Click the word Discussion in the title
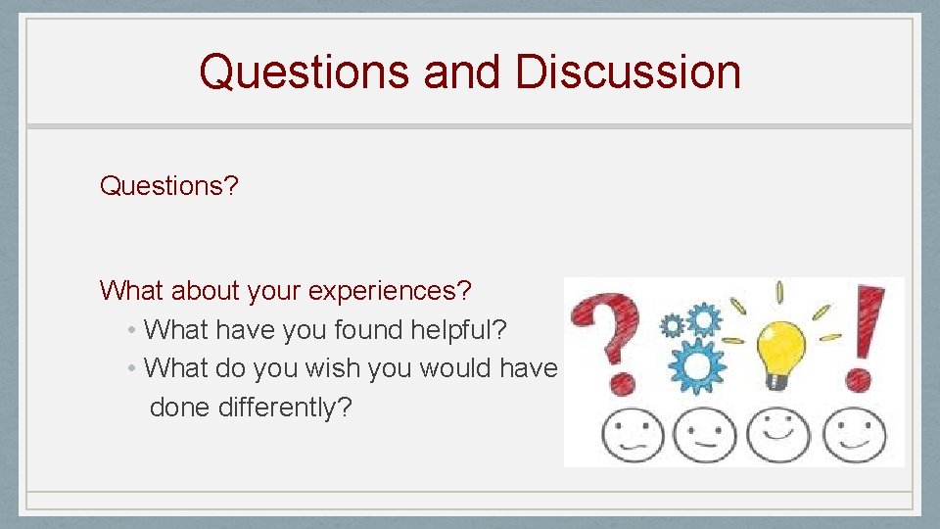click(628, 72)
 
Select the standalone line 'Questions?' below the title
click(168, 186)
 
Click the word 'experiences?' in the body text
click(390, 291)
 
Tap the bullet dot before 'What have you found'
click(132, 331)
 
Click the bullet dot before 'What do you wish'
click(132, 369)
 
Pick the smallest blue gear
click(672, 325)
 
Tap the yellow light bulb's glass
click(780, 342)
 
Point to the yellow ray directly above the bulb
click(779, 292)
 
